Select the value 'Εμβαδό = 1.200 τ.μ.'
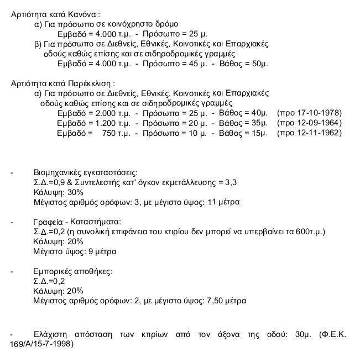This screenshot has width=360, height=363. point(93,124)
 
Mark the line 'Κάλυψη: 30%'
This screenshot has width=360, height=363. point(58,192)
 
